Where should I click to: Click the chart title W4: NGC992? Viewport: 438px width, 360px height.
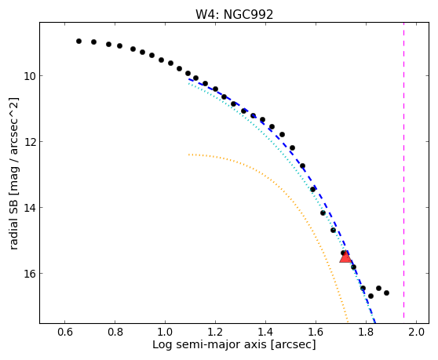[234, 14]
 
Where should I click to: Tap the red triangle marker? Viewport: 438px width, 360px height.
[345, 256]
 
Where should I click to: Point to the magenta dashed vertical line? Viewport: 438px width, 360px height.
[404, 170]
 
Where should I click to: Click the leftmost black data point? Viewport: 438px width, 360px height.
[78, 41]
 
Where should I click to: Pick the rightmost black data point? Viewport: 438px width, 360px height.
[387, 293]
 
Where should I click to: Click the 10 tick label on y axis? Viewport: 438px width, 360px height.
[30, 76]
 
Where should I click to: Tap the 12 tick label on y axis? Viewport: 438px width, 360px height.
[30, 142]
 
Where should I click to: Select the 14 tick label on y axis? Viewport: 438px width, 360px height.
[30, 208]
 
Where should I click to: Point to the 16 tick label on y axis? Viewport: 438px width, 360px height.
[30, 274]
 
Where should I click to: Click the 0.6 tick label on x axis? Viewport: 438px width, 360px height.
[65, 332]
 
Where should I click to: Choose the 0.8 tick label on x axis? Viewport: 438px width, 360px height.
[115, 332]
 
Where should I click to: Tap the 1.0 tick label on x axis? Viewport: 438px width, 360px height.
[165, 332]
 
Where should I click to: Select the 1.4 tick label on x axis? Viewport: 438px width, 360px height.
[265, 332]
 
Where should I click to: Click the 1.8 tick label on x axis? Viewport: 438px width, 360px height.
[367, 332]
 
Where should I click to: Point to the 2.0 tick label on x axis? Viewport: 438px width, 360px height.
[417, 332]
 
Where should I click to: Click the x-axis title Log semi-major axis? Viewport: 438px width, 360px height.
[210, 344]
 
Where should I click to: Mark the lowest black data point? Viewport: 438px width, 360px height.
[370, 296]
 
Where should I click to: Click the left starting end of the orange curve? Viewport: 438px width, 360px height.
[189, 155]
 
